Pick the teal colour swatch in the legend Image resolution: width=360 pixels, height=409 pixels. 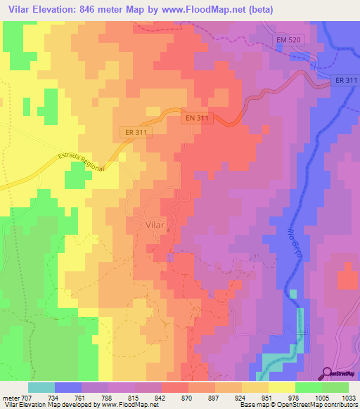pos(41,387)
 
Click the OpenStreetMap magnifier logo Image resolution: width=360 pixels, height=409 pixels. pos(327,372)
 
